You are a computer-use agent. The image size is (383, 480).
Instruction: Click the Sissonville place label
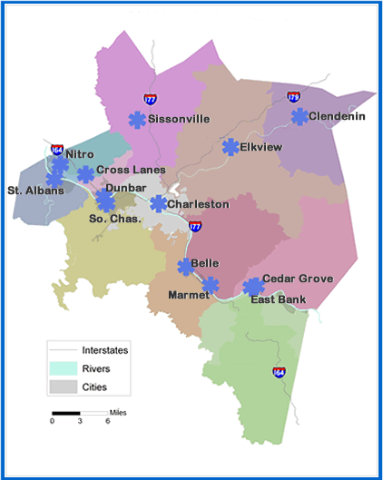click(x=179, y=119)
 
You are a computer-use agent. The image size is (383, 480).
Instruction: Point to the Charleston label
click(x=198, y=204)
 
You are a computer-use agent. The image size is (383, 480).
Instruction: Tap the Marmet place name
click(x=188, y=295)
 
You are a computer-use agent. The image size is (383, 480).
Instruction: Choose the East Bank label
click(x=278, y=299)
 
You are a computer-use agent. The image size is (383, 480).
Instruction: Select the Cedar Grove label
click(x=297, y=279)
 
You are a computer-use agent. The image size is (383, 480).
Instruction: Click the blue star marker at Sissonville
click(x=137, y=120)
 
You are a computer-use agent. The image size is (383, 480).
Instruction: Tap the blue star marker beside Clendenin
click(x=300, y=116)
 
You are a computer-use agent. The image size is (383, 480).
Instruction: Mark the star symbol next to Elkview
click(x=231, y=147)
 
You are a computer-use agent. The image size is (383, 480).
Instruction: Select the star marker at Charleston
click(x=159, y=204)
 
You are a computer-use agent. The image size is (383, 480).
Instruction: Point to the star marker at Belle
click(x=185, y=266)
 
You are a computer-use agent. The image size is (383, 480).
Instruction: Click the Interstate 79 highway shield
click(x=293, y=96)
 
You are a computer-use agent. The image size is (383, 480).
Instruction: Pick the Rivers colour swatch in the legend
click(x=63, y=368)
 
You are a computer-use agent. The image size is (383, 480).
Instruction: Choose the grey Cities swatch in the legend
click(x=63, y=387)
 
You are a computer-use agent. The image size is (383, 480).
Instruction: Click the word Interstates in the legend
click(x=105, y=349)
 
